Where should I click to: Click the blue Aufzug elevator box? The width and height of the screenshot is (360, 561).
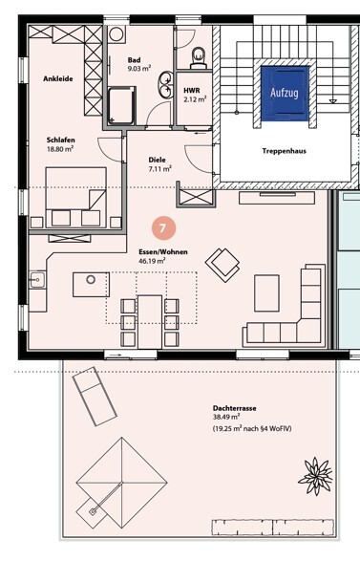[285, 93]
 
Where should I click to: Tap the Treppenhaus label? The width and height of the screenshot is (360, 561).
[285, 151]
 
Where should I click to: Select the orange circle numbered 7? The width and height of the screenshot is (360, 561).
[163, 227]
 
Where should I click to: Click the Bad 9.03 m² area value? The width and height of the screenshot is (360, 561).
[139, 69]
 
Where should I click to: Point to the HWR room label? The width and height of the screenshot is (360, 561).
[192, 91]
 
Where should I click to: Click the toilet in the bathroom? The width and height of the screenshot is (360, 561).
[199, 57]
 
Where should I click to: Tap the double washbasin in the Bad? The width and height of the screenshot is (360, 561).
[166, 84]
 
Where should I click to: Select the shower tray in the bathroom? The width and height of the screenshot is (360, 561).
[122, 105]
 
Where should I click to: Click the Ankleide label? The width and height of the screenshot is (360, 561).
[58, 78]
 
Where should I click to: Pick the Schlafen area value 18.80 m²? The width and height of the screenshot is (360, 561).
[60, 149]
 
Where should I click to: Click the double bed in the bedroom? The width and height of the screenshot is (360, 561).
[75, 197]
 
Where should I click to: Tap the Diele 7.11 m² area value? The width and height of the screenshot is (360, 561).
[159, 169]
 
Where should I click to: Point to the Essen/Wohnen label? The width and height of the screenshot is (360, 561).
[163, 252]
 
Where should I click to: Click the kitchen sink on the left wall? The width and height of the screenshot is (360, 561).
[37, 279]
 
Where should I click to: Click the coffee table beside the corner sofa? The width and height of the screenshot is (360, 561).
[266, 293]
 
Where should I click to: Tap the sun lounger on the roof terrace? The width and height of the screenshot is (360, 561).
[95, 396]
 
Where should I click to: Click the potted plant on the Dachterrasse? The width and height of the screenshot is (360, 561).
[315, 476]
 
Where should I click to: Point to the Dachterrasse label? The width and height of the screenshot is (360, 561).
[235, 408]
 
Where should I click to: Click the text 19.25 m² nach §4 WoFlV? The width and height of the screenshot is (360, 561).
[252, 428]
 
